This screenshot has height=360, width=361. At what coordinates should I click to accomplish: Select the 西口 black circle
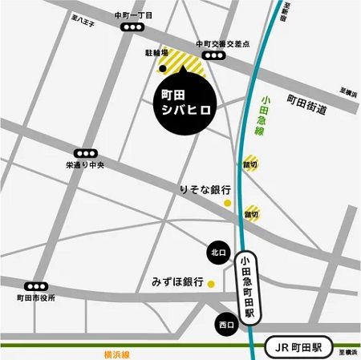tap(225, 325)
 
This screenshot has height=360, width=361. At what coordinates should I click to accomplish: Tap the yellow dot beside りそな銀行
tap(228, 204)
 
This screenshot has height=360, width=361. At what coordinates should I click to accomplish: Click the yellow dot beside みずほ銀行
tap(212, 283)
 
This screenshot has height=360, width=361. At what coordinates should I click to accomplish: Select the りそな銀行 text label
tap(205, 190)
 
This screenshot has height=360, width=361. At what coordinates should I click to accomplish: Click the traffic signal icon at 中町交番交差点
tap(213, 56)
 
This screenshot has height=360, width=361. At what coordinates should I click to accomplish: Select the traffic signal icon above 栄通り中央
tap(83, 152)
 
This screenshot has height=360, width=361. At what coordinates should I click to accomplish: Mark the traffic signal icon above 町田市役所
tap(35, 286)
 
